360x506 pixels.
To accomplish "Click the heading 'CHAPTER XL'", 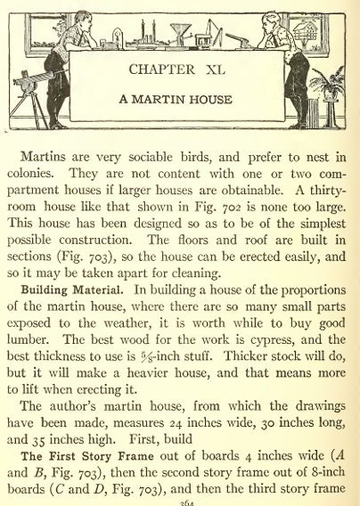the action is [x=180, y=69].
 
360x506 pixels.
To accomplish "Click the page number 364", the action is [x=180, y=500].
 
